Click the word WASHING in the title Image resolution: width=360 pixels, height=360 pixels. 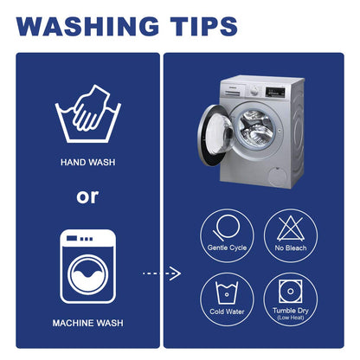click(87, 27)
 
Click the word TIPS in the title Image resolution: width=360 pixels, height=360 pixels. click(203, 27)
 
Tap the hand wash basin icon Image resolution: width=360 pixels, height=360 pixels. click(88, 113)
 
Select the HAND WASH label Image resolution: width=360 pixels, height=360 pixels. click(88, 163)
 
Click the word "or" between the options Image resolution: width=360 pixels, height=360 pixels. click(87, 197)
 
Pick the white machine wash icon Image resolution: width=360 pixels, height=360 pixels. click(88, 267)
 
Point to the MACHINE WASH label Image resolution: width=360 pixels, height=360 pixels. click(88, 323)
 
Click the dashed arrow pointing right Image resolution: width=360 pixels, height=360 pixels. click(162, 273)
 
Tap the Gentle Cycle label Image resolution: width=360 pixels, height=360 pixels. click(227, 247)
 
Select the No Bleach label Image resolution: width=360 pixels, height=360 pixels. click(291, 247)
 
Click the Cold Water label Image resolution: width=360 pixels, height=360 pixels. click(227, 312)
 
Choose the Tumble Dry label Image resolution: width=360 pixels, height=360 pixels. click(291, 311)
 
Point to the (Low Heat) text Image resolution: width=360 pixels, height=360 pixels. click(291, 318)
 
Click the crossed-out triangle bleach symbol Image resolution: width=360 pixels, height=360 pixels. click(291, 228)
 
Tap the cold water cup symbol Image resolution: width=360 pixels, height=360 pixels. click(227, 292)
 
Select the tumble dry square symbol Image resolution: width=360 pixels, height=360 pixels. click(291, 291)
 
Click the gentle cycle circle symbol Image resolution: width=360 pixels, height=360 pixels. click(227, 228)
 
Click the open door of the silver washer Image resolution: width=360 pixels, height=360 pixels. click(215, 135)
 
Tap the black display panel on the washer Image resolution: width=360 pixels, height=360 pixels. click(275, 93)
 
